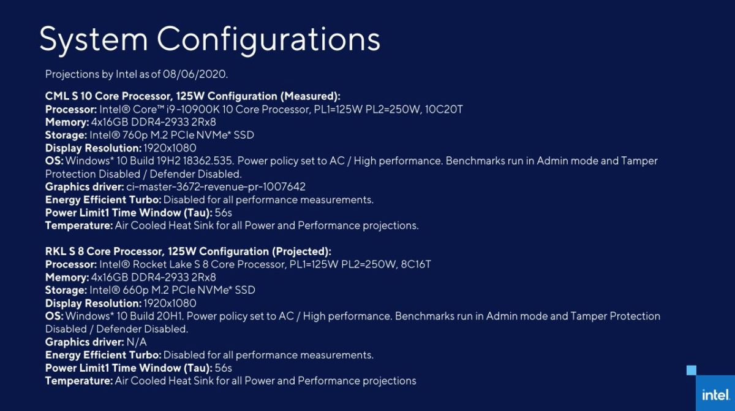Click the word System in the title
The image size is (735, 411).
click(94, 39)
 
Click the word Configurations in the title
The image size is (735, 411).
click(269, 40)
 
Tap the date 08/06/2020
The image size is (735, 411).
click(195, 74)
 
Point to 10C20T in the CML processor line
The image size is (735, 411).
click(443, 109)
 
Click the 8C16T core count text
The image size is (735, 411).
click(416, 264)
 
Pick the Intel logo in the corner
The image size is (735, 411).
click(716, 394)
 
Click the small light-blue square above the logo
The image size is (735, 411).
click(692, 371)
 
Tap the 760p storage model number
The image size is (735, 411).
click(134, 135)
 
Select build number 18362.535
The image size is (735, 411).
click(208, 161)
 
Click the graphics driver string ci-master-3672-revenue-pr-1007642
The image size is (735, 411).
click(216, 187)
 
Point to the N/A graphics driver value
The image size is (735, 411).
click(137, 342)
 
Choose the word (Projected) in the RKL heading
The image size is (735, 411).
click(301, 252)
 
